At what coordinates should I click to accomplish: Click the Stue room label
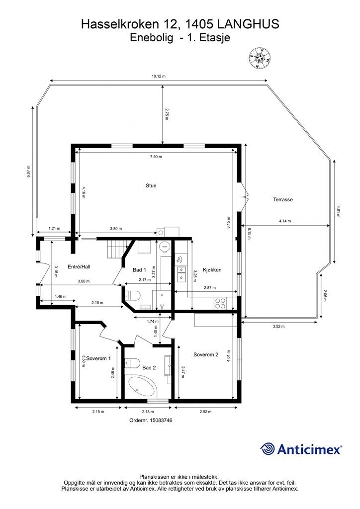point(151,186)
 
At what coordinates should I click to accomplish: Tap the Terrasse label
point(283,200)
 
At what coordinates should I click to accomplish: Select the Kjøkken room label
point(212,270)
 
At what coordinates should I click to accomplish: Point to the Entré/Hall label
point(79,267)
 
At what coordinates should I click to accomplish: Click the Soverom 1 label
point(98,358)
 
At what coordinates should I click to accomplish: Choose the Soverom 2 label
point(206,354)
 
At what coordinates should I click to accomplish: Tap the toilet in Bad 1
point(132,296)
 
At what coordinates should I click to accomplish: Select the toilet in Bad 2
point(132,362)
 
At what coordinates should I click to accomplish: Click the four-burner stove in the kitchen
point(220,303)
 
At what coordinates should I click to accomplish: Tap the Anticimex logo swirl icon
point(268,449)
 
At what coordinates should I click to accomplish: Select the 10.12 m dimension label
point(159,76)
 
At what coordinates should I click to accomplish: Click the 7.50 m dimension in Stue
point(156,157)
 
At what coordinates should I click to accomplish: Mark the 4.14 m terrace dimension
point(285,221)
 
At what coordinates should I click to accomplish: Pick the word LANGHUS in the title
point(248,24)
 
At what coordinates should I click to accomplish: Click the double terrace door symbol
point(245,197)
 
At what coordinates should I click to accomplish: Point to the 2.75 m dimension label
point(166,115)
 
